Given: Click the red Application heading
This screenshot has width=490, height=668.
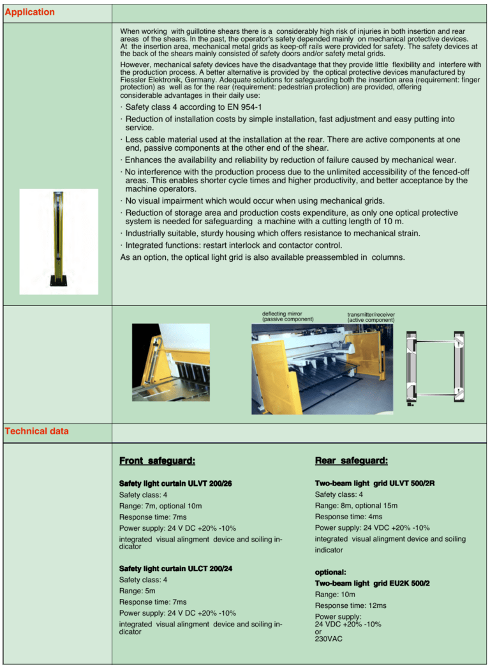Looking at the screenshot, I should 30,12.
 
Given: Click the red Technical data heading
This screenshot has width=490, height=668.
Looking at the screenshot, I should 36,431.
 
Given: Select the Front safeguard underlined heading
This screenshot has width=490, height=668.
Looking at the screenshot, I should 157,460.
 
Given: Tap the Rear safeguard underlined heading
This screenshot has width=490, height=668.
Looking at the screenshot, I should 351,460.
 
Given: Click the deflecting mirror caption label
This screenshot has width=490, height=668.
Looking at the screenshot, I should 288,316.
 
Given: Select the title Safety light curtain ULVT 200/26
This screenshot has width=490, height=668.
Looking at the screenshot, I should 175,483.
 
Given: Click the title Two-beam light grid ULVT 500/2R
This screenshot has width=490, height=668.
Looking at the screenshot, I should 375,483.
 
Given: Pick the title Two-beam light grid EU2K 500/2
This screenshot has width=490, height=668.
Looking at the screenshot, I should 372,583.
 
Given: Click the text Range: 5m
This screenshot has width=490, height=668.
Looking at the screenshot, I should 137,591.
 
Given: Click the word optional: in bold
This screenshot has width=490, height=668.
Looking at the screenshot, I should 330,572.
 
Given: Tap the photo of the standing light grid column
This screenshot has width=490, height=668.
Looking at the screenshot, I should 59,241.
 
